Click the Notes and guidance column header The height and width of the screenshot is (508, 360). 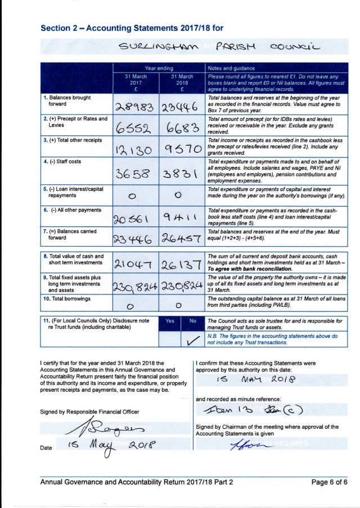[232, 67]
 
